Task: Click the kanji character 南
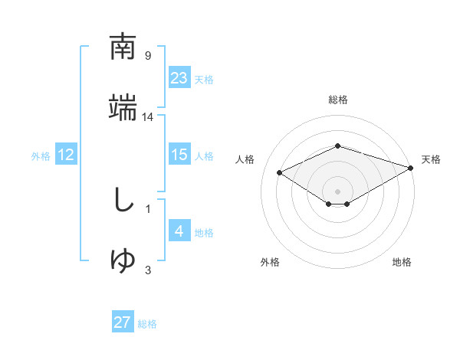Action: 123,47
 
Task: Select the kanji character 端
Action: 123,108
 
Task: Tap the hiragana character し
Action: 123,201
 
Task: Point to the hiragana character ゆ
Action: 123,261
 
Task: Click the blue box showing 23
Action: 179,77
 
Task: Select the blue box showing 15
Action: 179,155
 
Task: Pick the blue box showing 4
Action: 179,231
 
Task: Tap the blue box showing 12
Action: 66,155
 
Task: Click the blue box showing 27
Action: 123,322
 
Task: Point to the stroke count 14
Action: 148,116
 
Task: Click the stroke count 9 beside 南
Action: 148,55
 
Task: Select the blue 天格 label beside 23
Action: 204,79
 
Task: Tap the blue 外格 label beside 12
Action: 41,155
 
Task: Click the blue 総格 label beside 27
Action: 147,324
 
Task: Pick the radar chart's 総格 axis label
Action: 337,100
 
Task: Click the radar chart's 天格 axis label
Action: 431,159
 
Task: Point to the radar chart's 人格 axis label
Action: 245,159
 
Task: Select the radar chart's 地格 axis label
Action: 402,262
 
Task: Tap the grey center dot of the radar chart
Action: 337,191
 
